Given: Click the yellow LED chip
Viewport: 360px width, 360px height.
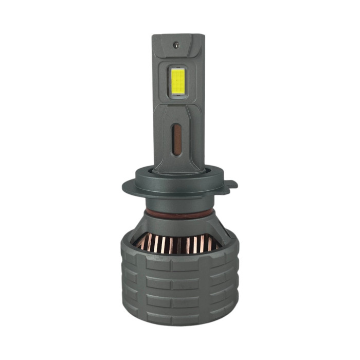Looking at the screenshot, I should click(178, 81).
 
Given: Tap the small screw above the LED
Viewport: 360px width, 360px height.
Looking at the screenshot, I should click(176, 45).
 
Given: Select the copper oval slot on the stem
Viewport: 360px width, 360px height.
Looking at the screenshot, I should click(177, 139).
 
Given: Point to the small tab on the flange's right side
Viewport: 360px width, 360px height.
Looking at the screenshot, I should click(232, 184).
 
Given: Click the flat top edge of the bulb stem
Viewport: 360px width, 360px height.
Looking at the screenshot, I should click(178, 35).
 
